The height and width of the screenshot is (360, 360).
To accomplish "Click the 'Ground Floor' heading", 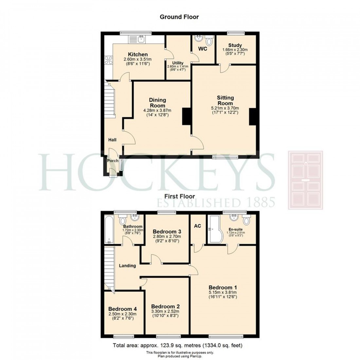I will pos(179,17).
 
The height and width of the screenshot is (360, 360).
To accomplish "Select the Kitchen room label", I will pos(137,54).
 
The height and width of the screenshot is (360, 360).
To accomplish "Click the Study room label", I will pos(235,45).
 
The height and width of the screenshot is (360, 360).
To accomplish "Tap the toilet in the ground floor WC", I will pos(209,41).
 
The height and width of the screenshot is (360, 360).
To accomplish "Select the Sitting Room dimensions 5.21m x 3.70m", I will pos(225,108).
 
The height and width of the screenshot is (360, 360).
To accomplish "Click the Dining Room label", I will pos(158,103).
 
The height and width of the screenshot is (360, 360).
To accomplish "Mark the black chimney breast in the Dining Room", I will pos(187,116).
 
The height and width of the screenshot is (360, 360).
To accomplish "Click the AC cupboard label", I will pos(197,226).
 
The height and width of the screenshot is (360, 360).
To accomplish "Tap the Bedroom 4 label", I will pos(122,309).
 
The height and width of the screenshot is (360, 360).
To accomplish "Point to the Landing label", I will pos(127,266).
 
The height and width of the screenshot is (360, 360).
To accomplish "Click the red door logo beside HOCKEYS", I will pos(305,180).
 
